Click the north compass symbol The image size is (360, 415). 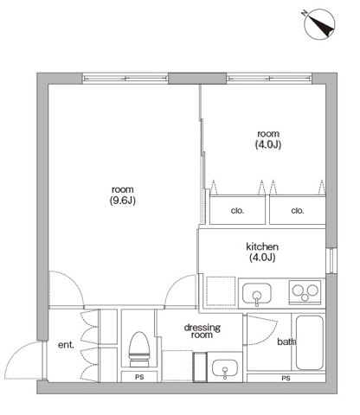pyautogui.click(x=319, y=23)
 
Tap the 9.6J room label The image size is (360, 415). pyautogui.click(x=123, y=195)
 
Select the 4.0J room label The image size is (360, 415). pyautogui.click(x=268, y=139)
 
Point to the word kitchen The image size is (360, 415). pyautogui.click(x=262, y=246)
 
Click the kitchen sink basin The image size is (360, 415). pyautogui.click(x=256, y=294)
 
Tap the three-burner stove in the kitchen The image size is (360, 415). pyautogui.click(x=305, y=292)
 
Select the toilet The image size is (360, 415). pyautogui.click(x=139, y=349)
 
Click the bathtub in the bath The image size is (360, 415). pyautogui.click(x=310, y=342)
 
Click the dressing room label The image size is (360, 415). pyautogui.click(x=202, y=331)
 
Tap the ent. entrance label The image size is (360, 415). pyautogui.click(x=66, y=345)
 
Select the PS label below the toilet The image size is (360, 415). pyautogui.click(x=139, y=377)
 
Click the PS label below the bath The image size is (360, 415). pyautogui.click(x=286, y=379)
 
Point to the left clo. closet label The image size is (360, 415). pyautogui.click(x=237, y=211)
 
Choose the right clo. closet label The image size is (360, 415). pyautogui.click(x=298, y=211)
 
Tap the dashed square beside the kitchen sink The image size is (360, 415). pyautogui.click(x=221, y=290)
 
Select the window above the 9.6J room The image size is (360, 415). pyautogui.click(x=125, y=78)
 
